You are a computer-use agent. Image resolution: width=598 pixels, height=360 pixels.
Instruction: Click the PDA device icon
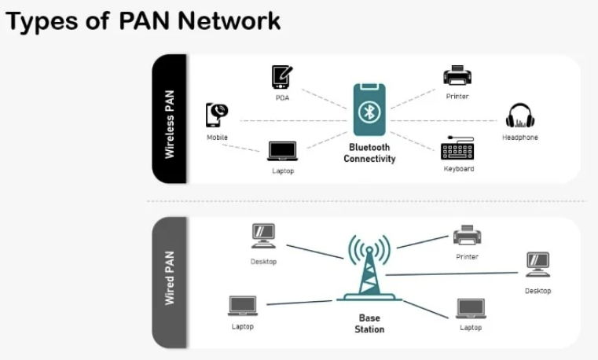click(282, 78)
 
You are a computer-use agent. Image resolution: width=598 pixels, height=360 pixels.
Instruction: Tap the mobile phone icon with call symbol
click(217, 115)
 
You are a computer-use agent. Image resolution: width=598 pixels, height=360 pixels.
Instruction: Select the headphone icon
click(519, 116)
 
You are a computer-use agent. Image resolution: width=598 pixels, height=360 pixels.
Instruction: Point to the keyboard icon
click(457, 149)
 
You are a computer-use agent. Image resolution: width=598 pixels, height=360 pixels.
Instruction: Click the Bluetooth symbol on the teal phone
click(369, 112)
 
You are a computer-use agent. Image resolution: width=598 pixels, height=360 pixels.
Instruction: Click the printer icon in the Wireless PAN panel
click(457, 75)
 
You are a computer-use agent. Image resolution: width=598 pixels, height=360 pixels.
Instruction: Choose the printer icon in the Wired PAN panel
click(467, 235)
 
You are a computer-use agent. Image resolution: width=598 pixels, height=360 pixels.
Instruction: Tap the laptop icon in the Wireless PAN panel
click(282, 151)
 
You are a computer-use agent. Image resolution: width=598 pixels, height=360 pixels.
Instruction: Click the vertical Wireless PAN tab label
click(170, 119)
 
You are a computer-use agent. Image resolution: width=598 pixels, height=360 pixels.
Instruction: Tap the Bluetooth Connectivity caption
click(369, 153)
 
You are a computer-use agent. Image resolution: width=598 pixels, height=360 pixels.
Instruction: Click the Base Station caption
click(369, 324)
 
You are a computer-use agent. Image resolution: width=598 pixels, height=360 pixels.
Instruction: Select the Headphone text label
click(519, 138)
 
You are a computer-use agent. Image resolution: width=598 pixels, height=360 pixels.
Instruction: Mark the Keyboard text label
click(459, 169)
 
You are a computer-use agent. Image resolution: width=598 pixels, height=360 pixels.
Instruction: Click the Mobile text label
click(217, 138)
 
